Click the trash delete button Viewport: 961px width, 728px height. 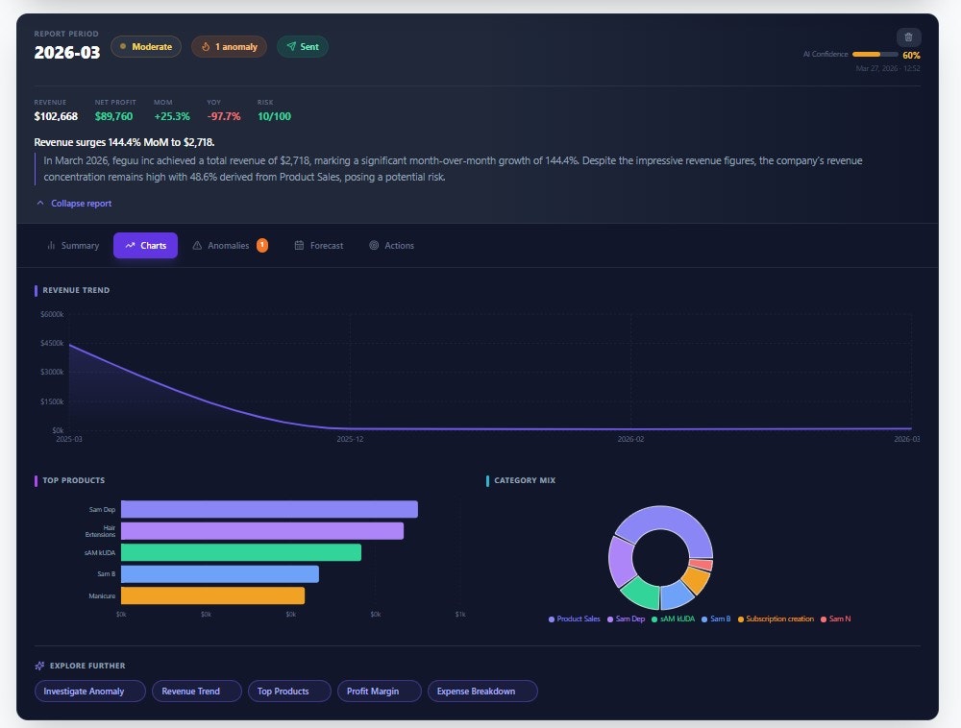point(908,37)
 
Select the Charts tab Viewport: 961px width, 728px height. point(145,246)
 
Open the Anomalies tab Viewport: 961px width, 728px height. point(229,246)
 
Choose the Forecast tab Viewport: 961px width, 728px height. point(319,246)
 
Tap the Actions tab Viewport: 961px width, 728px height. point(391,246)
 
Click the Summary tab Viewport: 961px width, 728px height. point(73,246)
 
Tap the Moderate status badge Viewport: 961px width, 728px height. point(146,46)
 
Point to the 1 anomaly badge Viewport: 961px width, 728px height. point(229,46)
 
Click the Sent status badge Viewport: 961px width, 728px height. point(303,46)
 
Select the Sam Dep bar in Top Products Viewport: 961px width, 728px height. point(269,509)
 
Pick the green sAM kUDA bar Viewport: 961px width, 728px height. point(241,552)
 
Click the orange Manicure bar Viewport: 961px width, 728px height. point(212,595)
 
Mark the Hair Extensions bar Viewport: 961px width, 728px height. point(262,531)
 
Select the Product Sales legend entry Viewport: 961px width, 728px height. point(575,619)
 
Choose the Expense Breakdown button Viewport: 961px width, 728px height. point(482,692)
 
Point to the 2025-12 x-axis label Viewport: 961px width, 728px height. point(350,439)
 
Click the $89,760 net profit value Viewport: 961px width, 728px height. point(113,116)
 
